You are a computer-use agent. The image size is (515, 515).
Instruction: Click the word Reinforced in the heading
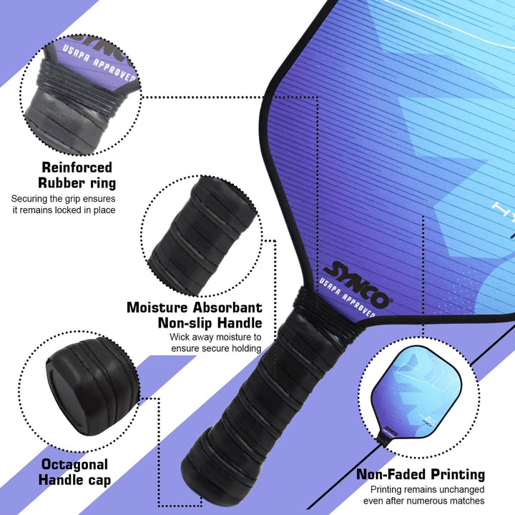click(x=77, y=167)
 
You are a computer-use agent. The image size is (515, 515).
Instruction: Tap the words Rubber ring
click(x=77, y=183)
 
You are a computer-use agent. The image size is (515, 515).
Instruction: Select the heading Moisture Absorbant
click(x=195, y=308)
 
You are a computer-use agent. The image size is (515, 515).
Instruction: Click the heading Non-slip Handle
click(x=210, y=323)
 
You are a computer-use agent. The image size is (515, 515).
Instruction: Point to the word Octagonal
click(x=74, y=465)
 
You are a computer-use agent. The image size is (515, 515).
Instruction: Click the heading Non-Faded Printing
click(x=421, y=474)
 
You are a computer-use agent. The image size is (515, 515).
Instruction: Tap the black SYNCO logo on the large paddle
click(x=357, y=285)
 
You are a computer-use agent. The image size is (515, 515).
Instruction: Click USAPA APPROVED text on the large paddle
click(x=348, y=298)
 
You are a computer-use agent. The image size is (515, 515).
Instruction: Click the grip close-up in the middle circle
click(x=202, y=236)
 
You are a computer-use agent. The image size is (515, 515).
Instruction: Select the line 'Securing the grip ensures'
click(x=63, y=199)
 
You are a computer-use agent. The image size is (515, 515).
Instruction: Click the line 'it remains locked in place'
click(x=64, y=210)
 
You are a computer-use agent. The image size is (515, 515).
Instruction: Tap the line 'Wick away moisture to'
click(x=215, y=337)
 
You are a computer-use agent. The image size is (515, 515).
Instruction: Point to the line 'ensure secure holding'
click(x=216, y=348)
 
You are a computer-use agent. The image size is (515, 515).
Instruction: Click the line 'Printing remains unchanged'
click(x=427, y=489)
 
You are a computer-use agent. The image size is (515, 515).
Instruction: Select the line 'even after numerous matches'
click(x=423, y=501)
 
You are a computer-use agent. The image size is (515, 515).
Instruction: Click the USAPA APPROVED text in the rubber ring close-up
click(x=99, y=62)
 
